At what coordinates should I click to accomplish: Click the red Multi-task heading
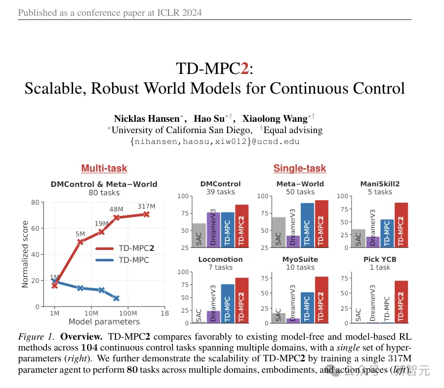[x=104, y=168]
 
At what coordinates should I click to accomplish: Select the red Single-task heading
[x=300, y=168]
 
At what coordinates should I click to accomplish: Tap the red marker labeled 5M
[x=80, y=242]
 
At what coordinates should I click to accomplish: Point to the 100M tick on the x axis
[x=128, y=313]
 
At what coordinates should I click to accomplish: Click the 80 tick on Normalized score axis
[x=35, y=202]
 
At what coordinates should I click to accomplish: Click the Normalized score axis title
[x=25, y=254]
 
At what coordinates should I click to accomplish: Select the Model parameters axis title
[x=104, y=322]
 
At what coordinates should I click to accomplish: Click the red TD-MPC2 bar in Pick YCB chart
[x=401, y=302]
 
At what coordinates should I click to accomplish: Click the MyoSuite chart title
[x=300, y=259]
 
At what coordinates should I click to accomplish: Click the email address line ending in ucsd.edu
[x=215, y=141]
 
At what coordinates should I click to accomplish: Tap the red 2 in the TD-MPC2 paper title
[x=244, y=69]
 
